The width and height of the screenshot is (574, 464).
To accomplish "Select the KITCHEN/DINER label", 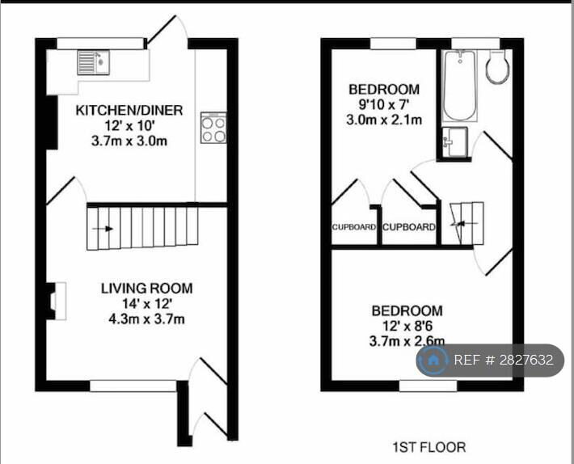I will [129, 110].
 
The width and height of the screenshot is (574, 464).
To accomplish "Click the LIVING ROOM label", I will [146, 288].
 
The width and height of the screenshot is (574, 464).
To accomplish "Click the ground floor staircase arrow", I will [103, 229].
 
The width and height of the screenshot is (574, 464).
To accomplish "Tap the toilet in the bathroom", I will [496, 68].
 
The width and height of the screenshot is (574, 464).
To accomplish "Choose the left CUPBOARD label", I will [354, 227].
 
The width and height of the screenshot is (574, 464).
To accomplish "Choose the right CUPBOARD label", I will [408, 227].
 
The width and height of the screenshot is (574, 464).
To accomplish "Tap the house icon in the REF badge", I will [434, 360].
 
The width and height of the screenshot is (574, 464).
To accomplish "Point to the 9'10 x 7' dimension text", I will [383, 104].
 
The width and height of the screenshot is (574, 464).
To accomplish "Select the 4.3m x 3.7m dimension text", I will [146, 318].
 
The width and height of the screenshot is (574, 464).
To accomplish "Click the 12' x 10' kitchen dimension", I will [129, 125].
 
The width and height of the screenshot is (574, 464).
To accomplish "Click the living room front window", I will [133, 386].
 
